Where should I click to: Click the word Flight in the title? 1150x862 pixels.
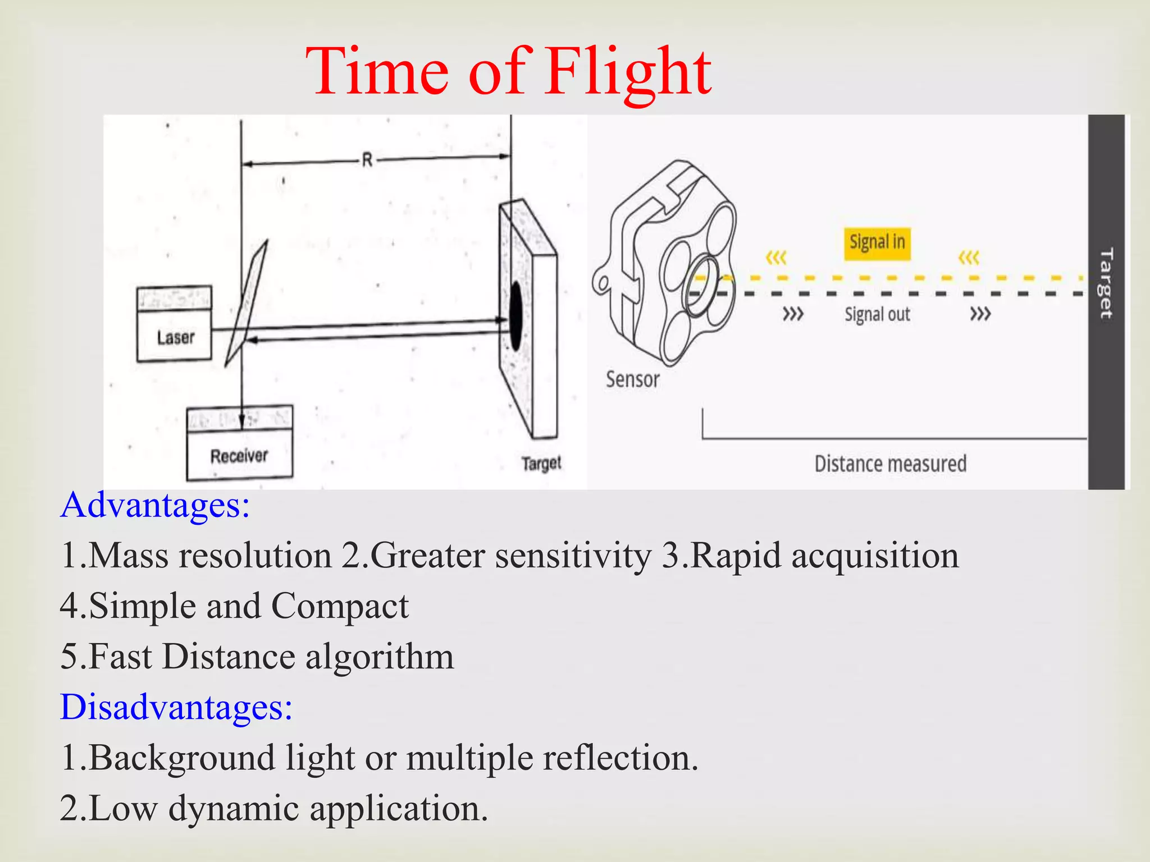[x=628, y=73]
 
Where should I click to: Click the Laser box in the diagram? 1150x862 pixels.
[x=175, y=337]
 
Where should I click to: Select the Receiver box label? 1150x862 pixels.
[x=239, y=456]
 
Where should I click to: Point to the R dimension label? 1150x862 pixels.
[x=367, y=161]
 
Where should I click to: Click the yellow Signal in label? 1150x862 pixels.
[x=877, y=243]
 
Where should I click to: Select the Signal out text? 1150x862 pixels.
[x=877, y=314]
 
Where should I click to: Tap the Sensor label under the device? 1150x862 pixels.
[x=632, y=380]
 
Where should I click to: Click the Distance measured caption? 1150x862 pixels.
[x=891, y=464]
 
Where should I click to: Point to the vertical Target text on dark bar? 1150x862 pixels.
[x=1106, y=283]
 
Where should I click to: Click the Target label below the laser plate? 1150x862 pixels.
[x=541, y=464]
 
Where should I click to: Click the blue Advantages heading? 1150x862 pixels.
[x=155, y=505]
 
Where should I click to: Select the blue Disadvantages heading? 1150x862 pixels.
[x=176, y=707]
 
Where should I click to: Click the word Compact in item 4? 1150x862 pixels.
[x=340, y=606]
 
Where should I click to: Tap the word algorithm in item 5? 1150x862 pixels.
[x=380, y=657]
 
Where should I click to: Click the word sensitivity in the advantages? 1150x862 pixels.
[x=573, y=556]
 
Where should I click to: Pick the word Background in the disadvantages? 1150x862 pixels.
[x=182, y=758]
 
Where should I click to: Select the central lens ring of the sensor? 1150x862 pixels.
[x=702, y=286]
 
